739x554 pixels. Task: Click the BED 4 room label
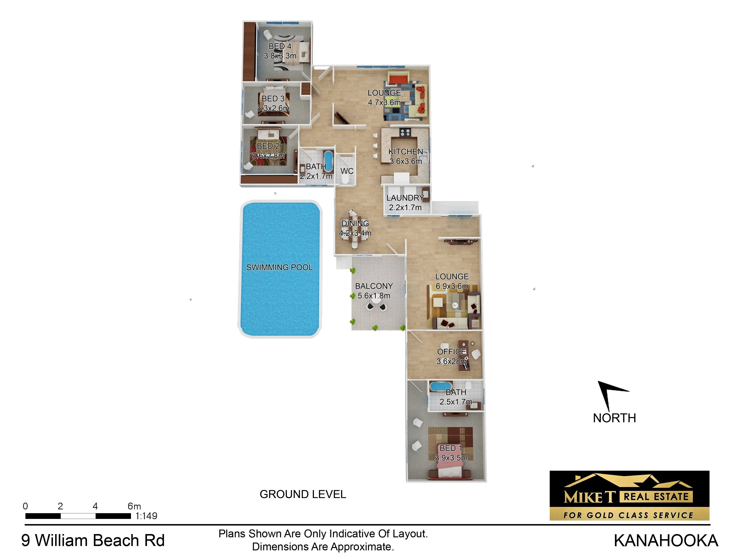[280, 46]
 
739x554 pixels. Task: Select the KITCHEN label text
[406, 152]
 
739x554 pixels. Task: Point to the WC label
[347, 171]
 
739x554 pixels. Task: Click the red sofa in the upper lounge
[398, 80]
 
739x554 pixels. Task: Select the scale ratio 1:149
[146, 516]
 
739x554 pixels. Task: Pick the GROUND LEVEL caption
[303, 494]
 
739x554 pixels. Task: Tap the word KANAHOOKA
[665, 541]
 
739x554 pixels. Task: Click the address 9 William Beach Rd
[93, 541]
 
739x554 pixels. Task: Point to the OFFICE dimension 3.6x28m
[451, 361]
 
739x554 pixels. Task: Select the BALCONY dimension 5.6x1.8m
[374, 296]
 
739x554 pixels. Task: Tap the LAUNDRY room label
[405, 198]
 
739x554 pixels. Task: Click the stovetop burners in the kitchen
[405, 133]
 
